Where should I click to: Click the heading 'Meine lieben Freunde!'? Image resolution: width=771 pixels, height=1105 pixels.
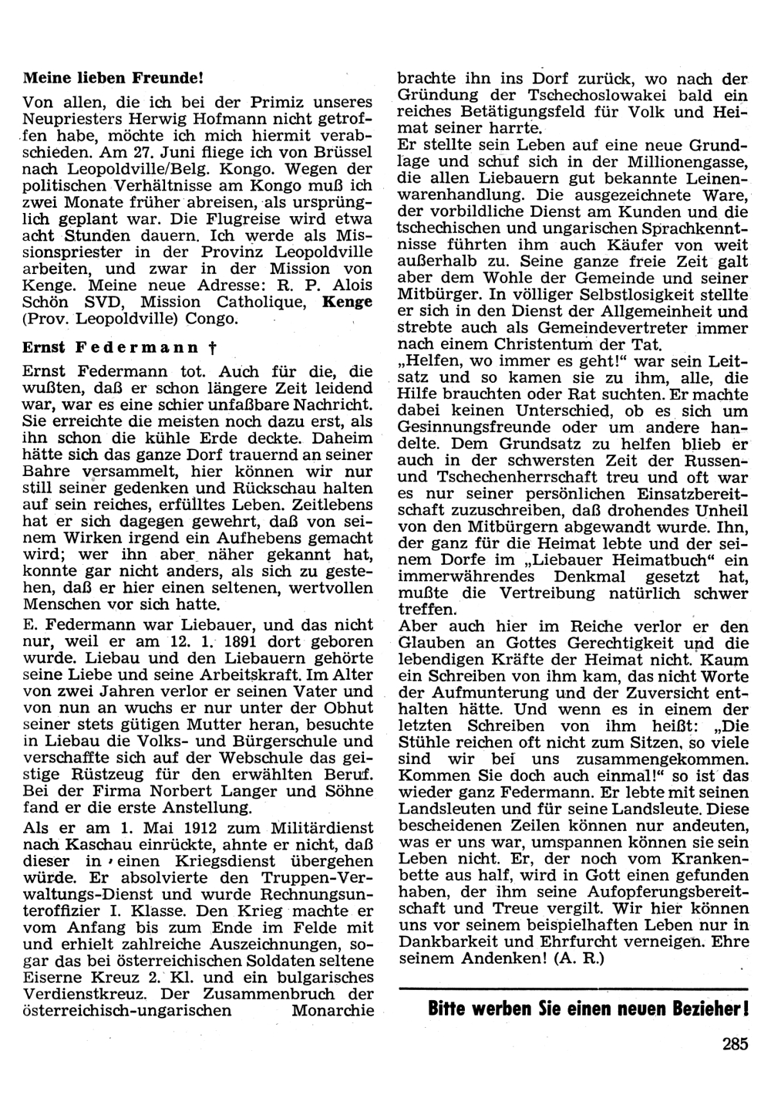[x=113, y=78]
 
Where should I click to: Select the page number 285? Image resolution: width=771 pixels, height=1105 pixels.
[x=736, y=1046]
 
